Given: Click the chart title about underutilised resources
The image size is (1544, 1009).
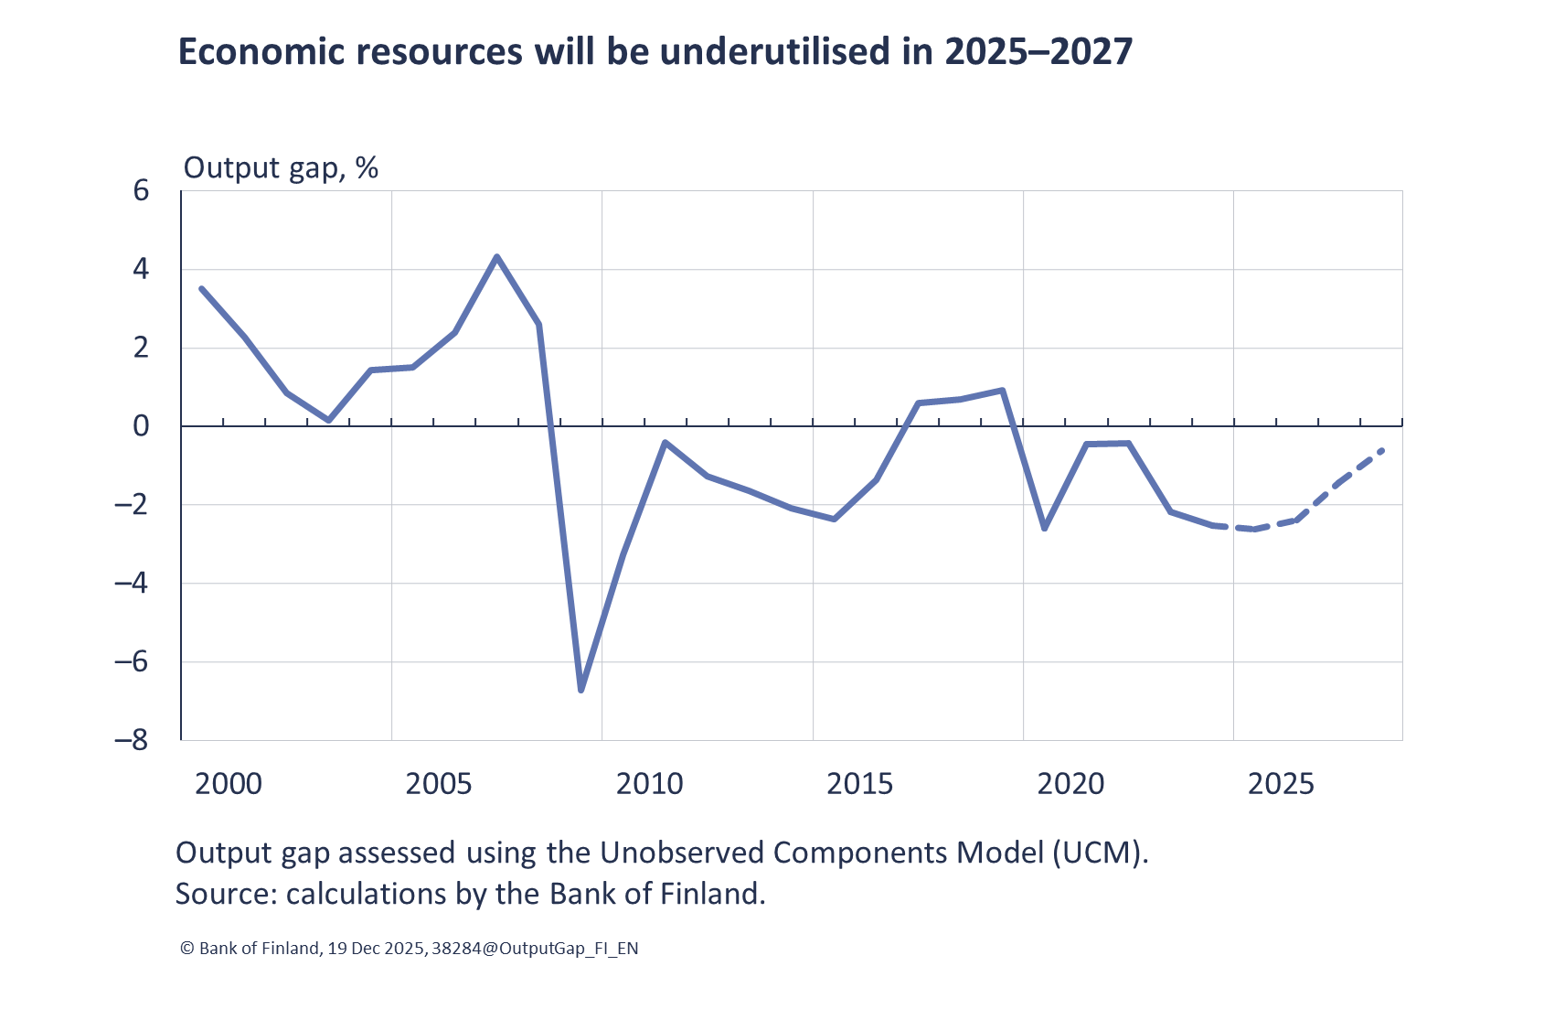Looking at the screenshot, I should [x=655, y=52].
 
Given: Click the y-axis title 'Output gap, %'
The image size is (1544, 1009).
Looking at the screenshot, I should [x=281, y=167].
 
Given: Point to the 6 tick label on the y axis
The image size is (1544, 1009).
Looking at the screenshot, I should [x=141, y=190].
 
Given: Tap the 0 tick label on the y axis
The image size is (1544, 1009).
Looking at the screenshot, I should [x=141, y=426].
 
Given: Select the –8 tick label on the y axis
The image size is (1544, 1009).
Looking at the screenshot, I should [x=131, y=739].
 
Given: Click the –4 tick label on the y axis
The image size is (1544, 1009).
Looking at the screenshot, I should [x=131, y=583].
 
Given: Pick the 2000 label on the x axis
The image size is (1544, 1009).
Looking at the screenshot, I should [x=229, y=784].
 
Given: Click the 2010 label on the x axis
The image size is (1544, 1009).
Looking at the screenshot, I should [x=649, y=784].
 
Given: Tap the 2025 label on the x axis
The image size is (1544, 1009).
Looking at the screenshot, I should [x=1281, y=784].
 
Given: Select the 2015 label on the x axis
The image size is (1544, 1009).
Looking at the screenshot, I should [x=859, y=784].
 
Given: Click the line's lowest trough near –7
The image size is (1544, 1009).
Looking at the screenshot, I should [x=581, y=690].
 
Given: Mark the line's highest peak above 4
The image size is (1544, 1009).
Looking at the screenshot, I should [x=496, y=257].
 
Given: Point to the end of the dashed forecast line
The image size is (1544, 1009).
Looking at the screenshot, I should [x=1381, y=450].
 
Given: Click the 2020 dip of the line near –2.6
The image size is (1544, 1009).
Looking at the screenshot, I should [x=1044, y=528].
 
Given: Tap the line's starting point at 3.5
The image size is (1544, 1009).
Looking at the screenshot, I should [x=202, y=289].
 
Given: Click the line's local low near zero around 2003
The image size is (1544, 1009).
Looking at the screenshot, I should [x=328, y=420].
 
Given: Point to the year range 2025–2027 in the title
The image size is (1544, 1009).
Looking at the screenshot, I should [x=1038, y=52].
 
